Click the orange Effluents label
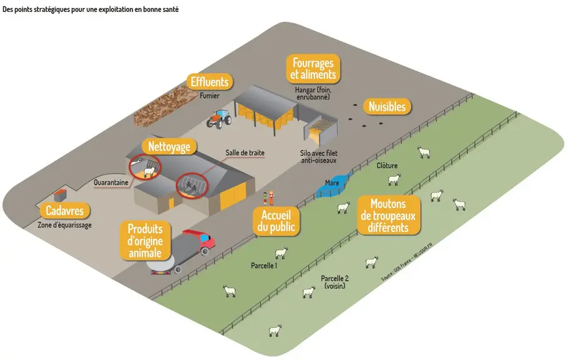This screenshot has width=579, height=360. pyautogui.click(x=209, y=82)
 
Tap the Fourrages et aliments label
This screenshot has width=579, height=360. pyautogui.click(x=313, y=69)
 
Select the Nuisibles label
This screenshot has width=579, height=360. pyautogui.click(x=387, y=107)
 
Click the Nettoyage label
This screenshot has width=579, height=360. pyautogui.click(x=169, y=147)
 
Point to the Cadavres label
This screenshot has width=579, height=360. pyautogui.click(x=64, y=211)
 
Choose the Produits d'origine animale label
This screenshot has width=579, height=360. pyautogui.click(x=145, y=241)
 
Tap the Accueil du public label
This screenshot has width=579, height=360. pyautogui.click(x=276, y=221)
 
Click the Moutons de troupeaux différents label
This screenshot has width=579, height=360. pyautogui.click(x=388, y=215)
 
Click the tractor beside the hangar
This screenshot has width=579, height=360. pyautogui.click(x=219, y=119)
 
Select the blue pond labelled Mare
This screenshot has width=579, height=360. pyautogui.click(x=333, y=184)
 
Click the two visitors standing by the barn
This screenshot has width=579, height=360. pyautogui.click(x=268, y=198)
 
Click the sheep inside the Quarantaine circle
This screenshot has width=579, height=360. pyautogui.click(x=149, y=172)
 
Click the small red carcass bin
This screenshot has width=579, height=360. pyautogui.click(x=60, y=194)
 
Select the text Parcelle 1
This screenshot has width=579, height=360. pyautogui.click(x=264, y=266)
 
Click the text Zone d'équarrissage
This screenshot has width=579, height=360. pyautogui.click(x=64, y=225)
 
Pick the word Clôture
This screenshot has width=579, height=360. pyautogui.click(x=387, y=166)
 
